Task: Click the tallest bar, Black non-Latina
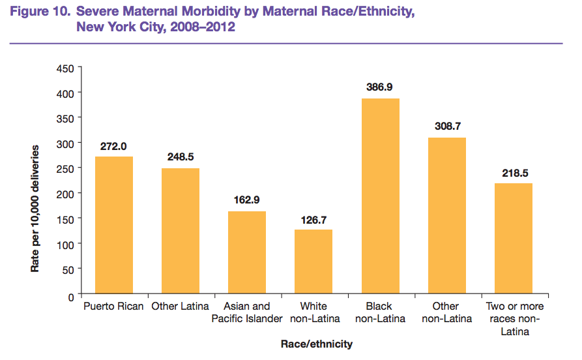click(x=380, y=197)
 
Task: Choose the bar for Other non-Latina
click(x=446, y=217)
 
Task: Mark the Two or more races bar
click(x=513, y=239)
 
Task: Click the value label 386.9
click(x=380, y=87)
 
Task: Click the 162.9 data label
click(x=247, y=200)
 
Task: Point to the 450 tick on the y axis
click(x=65, y=68)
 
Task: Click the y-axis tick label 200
click(x=65, y=193)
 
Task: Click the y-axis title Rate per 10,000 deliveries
click(x=36, y=209)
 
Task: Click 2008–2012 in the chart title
click(x=203, y=27)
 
